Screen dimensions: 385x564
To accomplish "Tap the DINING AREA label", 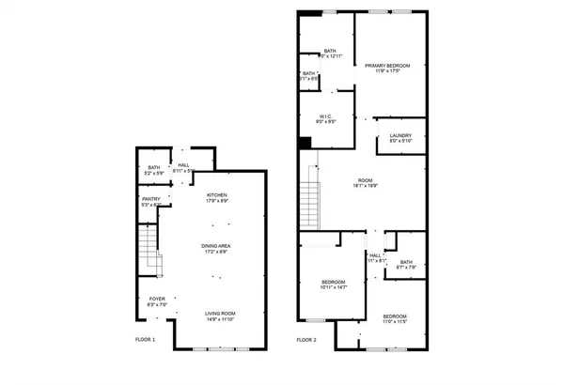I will click(x=217, y=246).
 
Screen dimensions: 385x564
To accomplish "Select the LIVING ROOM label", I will click(x=220, y=313).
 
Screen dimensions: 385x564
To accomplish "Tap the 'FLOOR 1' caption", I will click(x=145, y=339).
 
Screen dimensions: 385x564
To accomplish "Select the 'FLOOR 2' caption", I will click(x=307, y=339).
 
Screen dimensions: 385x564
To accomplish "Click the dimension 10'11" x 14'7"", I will click(x=334, y=287).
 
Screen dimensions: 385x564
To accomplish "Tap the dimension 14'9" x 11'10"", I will click(x=220, y=318).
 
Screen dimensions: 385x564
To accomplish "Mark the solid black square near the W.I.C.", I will click(x=305, y=143).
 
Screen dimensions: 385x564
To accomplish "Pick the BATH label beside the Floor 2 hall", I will click(x=405, y=262).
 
